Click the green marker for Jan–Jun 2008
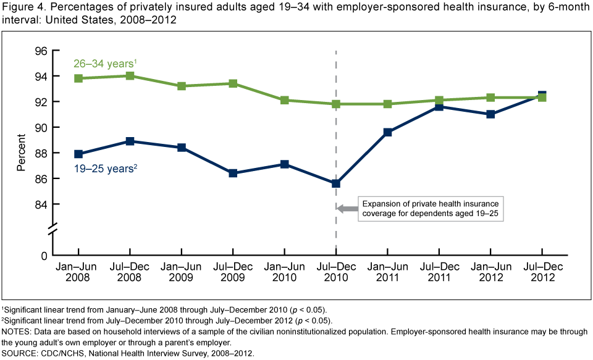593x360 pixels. click(78, 78)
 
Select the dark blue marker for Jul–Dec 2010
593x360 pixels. click(335, 183)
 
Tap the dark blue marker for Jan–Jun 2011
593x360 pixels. click(387, 132)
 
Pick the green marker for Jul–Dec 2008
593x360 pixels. click(130, 76)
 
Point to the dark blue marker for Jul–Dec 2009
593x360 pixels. click(233, 173)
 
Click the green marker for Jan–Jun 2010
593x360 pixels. click(284, 100)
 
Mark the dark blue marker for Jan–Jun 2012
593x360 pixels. click(490, 114)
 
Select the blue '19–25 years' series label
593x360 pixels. click(99, 167)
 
